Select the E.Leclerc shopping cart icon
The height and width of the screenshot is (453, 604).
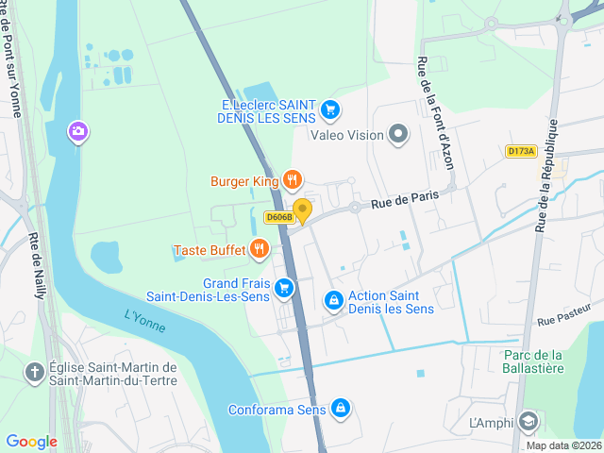point(329,110)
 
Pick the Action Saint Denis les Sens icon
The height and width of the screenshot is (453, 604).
point(333,301)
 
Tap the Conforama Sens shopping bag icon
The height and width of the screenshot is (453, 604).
point(341,410)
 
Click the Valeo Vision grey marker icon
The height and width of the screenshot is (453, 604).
point(398,135)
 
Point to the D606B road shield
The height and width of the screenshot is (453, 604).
point(279,217)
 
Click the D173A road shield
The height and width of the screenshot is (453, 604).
point(520,151)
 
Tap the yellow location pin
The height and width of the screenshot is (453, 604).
point(302,210)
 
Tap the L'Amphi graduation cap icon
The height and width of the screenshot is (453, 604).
point(528,421)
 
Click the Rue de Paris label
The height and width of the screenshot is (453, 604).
point(405,198)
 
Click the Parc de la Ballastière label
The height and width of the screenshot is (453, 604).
point(532,361)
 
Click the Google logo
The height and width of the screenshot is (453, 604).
point(32,442)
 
